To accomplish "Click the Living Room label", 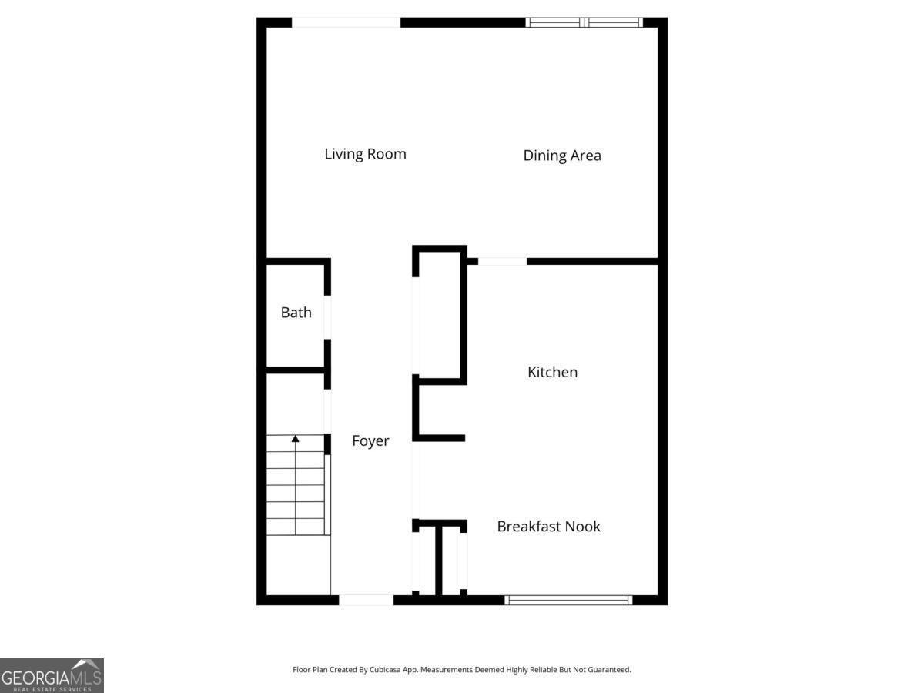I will click(365, 154).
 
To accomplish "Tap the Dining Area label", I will click(562, 156).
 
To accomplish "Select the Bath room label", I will click(296, 313).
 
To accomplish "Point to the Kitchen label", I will click(552, 373).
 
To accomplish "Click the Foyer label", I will click(370, 441).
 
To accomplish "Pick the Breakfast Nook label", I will click(548, 527).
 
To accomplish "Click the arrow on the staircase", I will click(295, 439).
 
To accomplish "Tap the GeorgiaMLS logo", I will click(52, 675).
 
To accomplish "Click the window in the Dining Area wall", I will click(584, 22).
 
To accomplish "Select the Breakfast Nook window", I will click(568, 600).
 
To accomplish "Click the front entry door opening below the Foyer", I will click(366, 600).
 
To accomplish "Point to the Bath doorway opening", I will click(327, 317).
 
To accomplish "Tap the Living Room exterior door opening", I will click(346, 22).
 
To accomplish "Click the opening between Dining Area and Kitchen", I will click(502, 262).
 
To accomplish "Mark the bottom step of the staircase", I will click(296, 527).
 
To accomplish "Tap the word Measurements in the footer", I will click(446, 670).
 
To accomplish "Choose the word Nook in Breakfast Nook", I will click(583, 527).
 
